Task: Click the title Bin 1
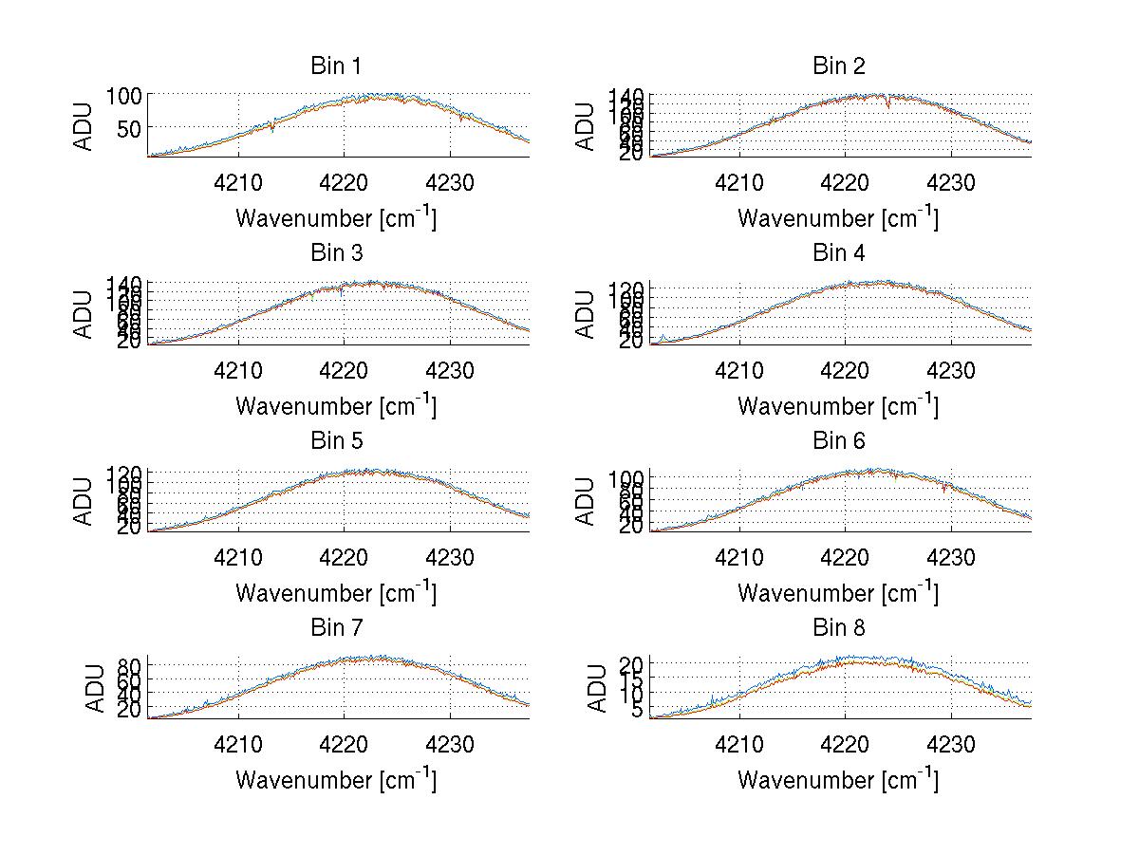point(335,66)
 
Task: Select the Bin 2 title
point(838,66)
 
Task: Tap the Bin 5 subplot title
point(335,441)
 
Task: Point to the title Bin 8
point(838,628)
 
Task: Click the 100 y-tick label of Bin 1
point(123,95)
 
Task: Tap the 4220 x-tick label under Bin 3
point(345,369)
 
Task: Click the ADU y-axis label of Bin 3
point(84,314)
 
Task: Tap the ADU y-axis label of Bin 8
point(598,689)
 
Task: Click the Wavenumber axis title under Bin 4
point(838,406)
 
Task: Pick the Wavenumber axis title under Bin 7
point(335,780)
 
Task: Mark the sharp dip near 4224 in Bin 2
point(887,103)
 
